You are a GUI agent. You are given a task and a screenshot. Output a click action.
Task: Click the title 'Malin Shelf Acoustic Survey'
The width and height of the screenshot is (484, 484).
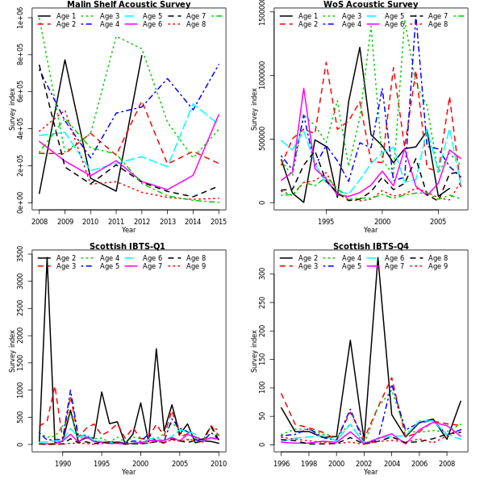[x=129, y=5]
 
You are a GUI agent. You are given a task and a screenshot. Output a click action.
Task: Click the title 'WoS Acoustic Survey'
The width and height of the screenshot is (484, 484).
[x=370, y=5]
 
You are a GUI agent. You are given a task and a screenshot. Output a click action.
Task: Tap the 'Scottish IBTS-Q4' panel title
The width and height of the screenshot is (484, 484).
[x=370, y=246]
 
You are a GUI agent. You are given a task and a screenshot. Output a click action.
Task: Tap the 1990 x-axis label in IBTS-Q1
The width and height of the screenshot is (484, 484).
[x=63, y=464]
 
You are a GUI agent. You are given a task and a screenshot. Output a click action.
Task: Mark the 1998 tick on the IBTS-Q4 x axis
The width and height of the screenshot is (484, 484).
[x=308, y=464]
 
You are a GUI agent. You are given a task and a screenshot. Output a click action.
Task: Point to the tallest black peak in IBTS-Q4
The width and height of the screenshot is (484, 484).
[x=378, y=258]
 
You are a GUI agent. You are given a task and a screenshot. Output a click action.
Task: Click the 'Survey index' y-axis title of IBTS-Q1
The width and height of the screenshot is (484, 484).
[x=11, y=349]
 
